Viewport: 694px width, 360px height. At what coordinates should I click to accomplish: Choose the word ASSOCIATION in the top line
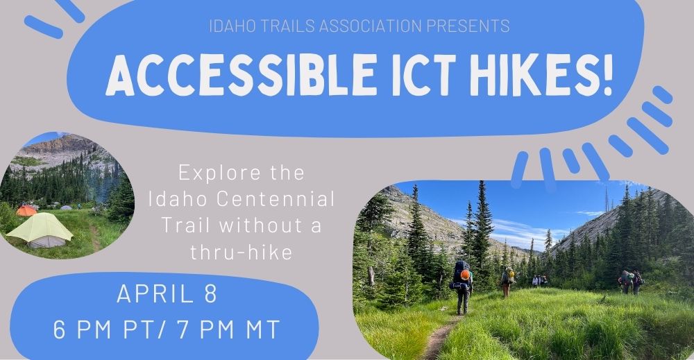[370, 26]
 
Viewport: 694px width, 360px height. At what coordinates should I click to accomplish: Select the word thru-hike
[242, 252]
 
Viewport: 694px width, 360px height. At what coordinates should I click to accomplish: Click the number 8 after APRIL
[211, 293]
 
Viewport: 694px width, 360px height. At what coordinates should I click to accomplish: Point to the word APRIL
[155, 293]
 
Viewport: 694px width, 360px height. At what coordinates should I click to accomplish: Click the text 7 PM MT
[228, 329]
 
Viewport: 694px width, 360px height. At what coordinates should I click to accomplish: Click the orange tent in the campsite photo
[26, 210]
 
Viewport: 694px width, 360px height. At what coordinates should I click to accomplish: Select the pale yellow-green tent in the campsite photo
[40, 230]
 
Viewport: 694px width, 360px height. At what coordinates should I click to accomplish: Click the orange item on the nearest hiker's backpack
[465, 275]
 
